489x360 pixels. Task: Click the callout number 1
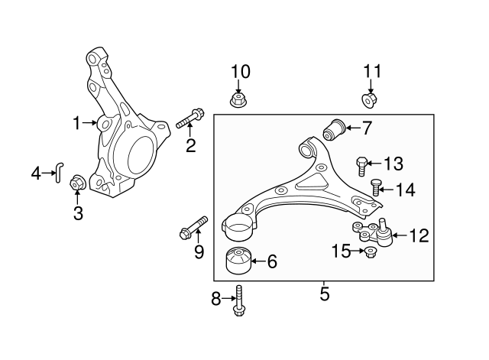point(76,123)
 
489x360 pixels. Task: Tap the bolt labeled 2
point(190,118)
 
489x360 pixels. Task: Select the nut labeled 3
point(77,182)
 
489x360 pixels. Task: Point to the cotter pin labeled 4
point(59,173)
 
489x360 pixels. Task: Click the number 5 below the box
point(324,294)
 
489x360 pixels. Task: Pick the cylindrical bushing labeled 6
point(238,260)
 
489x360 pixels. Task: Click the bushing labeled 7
point(334,129)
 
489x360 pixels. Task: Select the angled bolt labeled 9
point(193,228)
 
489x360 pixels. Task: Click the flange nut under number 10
point(238,99)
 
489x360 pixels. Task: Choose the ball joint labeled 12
point(373,232)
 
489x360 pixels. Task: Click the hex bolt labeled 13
point(361,166)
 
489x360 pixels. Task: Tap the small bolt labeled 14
point(375,187)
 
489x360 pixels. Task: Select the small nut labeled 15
point(370,252)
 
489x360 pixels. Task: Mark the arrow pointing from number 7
point(352,128)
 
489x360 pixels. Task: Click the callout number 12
point(419,235)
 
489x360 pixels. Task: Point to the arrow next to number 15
point(358,251)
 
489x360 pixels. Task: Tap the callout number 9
point(199,251)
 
